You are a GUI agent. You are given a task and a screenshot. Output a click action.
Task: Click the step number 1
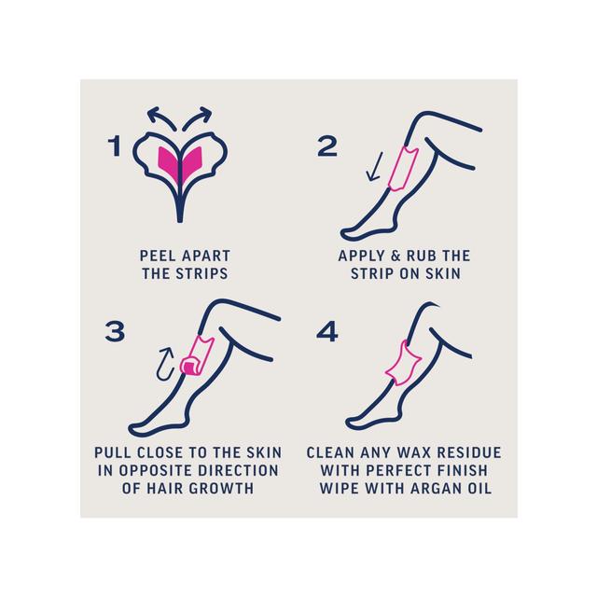tap(115, 146)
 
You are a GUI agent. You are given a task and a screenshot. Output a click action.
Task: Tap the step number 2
tap(326, 146)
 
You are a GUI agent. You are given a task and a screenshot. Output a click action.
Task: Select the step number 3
tap(115, 330)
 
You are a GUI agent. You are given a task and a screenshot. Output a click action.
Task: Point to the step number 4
tap(326, 330)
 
